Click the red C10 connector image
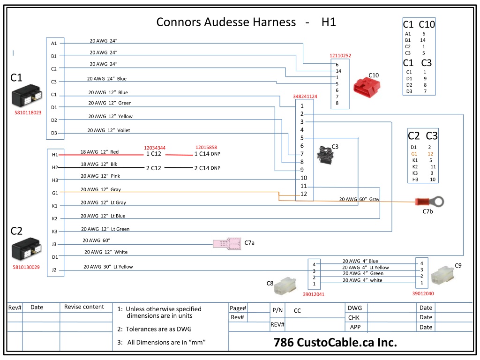point(367,87)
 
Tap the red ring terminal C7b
point(429,202)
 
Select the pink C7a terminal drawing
point(227,244)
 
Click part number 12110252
point(340,55)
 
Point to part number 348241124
point(305,96)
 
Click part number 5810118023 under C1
point(28,112)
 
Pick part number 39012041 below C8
point(314,294)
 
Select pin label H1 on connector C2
point(55,155)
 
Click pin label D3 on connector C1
point(54,133)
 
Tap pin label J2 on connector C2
point(54,270)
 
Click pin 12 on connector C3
point(303,194)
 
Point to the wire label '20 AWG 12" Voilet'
point(109,130)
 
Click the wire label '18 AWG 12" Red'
point(99,152)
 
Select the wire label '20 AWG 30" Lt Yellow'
point(108,267)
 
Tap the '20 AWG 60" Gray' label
point(359,199)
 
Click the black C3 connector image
point(325,155)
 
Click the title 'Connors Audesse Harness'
point(226,22)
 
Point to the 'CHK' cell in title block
point(354,317)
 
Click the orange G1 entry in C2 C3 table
point(414,154)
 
